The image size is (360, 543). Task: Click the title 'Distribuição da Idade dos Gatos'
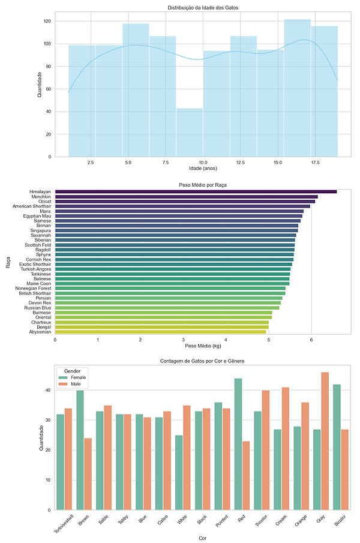pyautogui.click(x=203, y=7)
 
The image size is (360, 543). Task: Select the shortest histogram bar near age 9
pyautogui.click(x=190, y=133)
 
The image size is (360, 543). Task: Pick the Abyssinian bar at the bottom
pyautogui.click(x=161, y=331)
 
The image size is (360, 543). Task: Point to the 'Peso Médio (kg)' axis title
pyautogui.click(x=203, y=346)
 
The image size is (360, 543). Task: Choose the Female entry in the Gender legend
pyautogui.click(x=78, y=377)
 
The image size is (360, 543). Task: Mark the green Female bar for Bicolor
pyautogui.click(x=337, y=447)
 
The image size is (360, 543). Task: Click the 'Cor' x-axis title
pyautogui.click(x=203, y=538)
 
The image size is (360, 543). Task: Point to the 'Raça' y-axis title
pyautogui.click(x=8, y=262)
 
